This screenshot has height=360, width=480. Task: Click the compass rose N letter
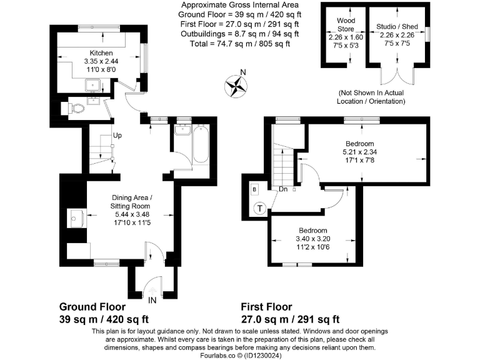tap(244, 72)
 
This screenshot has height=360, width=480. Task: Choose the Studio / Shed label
tap(397, 27)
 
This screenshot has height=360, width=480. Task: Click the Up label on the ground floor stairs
tap(117, 135)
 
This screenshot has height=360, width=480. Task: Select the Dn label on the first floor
tap(283, 188)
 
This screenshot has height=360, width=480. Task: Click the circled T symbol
tap(260, 210)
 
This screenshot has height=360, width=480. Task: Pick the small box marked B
tap(254, 189)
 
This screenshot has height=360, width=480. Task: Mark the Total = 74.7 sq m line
tap(239, 44)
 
